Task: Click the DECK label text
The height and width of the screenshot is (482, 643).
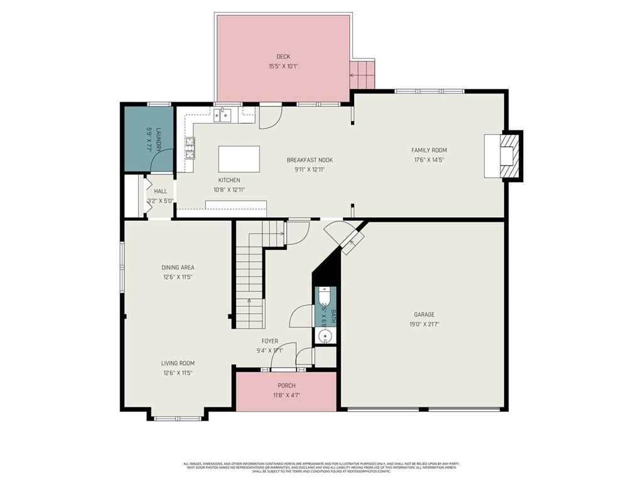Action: [x=283, y=56]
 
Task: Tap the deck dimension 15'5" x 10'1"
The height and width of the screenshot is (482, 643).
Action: [x=283, y=66]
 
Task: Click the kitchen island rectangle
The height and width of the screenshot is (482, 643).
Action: [x=239, y=159]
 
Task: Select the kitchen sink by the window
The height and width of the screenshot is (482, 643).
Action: [x=222, y=114]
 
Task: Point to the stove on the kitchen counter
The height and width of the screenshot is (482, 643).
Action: [x=190, y=146]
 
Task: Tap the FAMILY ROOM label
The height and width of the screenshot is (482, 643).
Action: [x=429, y=150]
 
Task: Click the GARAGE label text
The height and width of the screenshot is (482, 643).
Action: [x=424, y=314]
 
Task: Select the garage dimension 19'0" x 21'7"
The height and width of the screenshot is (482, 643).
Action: [x=424, y=324]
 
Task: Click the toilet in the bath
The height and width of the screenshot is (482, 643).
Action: [x=325, y=296]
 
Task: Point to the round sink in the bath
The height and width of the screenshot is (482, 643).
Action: [x=325, y=336]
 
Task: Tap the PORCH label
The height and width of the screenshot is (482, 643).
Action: [x=286, y=385]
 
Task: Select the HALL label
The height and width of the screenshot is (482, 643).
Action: [x=161, y=191]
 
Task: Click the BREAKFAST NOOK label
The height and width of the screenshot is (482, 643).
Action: [x=310, y=160]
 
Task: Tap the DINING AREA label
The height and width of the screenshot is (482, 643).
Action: [x=178, y=267]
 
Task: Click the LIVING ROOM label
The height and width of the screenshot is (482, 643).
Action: [x=178, y=363]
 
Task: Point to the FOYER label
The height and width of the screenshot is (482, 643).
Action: [x=270, y=341]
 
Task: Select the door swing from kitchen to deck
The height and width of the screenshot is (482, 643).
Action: [x=270, y=118]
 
